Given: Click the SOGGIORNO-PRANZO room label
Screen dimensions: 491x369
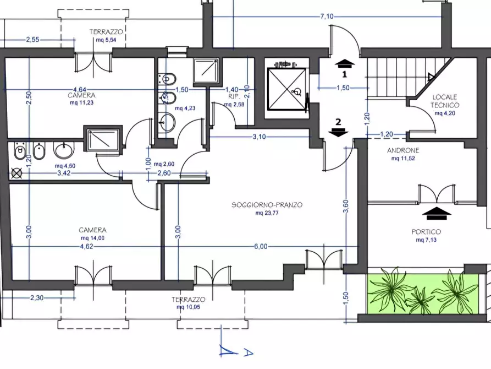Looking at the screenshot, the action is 267,205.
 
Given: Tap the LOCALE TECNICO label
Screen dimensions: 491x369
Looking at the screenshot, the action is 445,101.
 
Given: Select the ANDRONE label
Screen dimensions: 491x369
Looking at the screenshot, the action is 403,150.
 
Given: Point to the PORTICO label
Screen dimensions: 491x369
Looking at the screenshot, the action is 426,232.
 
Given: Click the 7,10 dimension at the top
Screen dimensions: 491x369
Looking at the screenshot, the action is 327,17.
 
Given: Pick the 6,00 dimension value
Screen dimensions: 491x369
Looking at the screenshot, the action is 261,247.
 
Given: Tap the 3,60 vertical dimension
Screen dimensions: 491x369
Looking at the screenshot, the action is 346,207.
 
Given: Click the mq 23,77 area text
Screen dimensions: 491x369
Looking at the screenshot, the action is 267,213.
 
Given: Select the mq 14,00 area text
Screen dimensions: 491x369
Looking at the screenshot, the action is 92,238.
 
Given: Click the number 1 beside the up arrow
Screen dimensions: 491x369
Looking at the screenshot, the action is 345,74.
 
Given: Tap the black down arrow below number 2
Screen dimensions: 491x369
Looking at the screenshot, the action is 338,132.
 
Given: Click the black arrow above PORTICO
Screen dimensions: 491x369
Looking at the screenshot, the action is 437,213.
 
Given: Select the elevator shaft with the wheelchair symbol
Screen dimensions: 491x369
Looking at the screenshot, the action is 287,89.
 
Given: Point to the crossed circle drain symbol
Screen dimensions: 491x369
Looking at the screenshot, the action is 16,173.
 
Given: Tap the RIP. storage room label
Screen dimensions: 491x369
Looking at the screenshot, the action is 234,96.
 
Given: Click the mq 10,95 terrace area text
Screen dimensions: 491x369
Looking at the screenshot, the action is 188,307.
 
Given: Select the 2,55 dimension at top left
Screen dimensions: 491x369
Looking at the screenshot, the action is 32,40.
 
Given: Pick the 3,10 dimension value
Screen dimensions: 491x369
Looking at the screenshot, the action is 260,137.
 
